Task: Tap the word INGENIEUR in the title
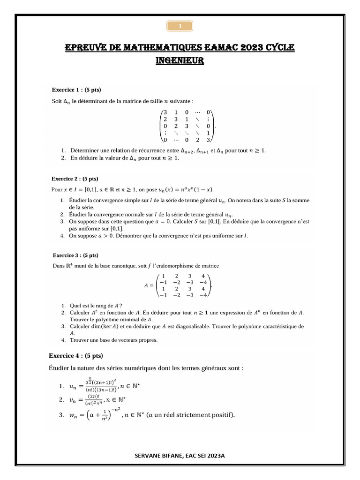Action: pos(180,61)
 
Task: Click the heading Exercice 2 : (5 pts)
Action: pos(75,179)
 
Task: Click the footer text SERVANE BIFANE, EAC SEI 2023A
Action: pos(180,455)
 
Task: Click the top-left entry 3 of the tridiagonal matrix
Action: pos(165,112)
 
